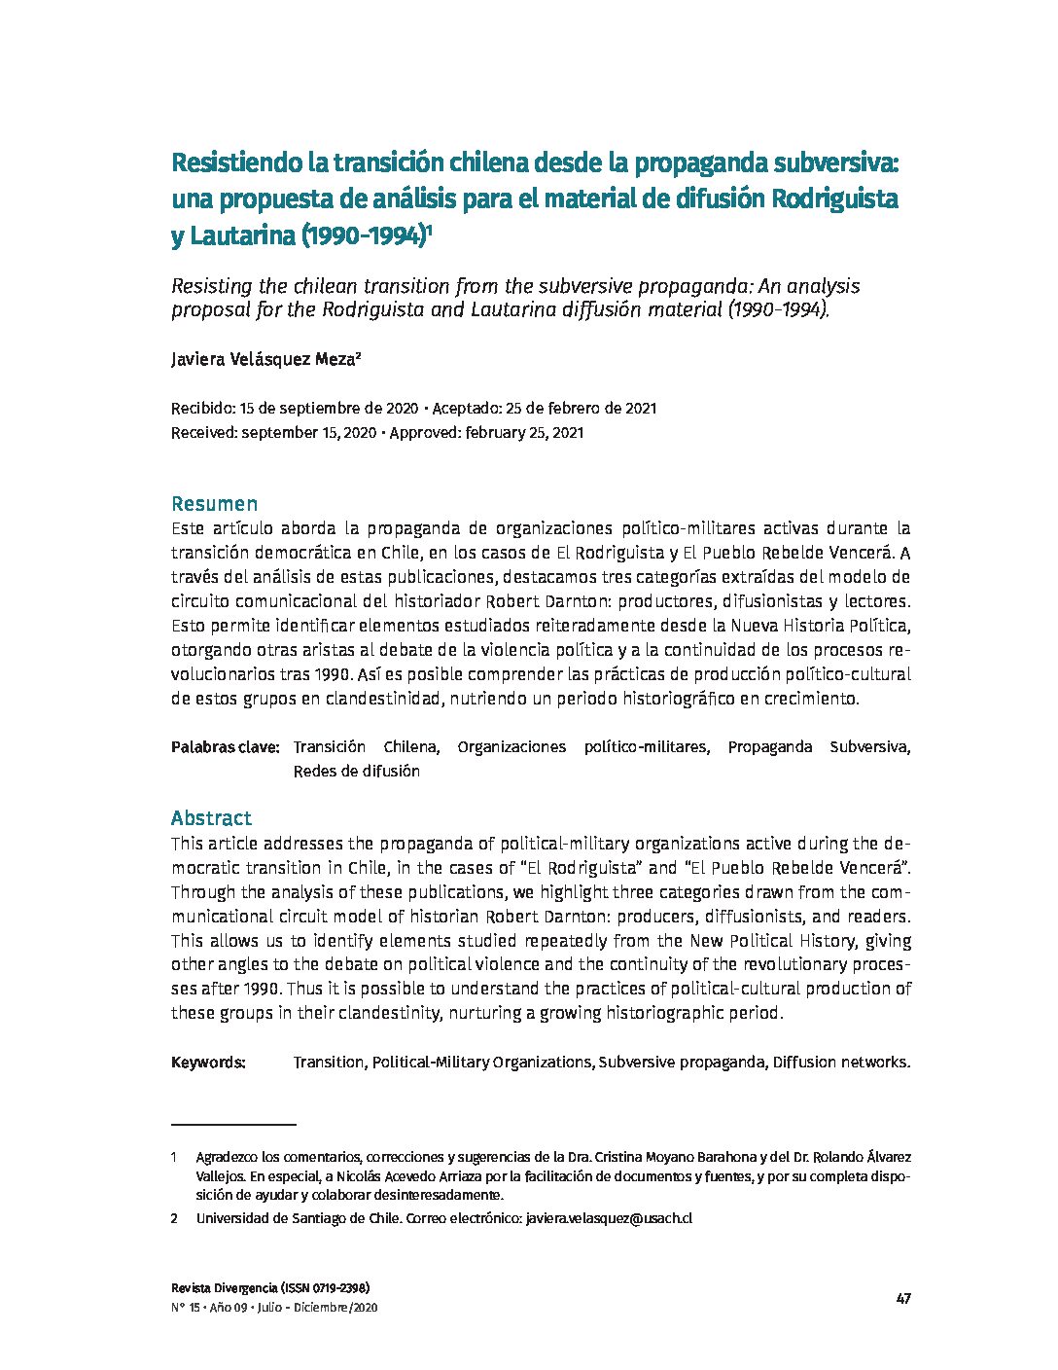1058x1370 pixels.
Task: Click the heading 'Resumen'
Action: click(214, 504)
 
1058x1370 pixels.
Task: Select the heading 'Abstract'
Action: click(211, 818)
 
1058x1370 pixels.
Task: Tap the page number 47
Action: click(903, 1299)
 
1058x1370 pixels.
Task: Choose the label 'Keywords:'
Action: click(208, 1063)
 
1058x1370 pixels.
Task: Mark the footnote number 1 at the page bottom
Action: click(174, 1157)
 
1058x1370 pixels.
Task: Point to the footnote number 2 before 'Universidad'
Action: click(174, 1218)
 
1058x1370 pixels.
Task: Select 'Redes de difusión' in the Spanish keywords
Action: click(356, 772)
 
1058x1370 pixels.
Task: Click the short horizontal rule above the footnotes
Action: click(233, 1124)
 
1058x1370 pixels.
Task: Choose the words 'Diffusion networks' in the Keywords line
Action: click(841, 1063)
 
